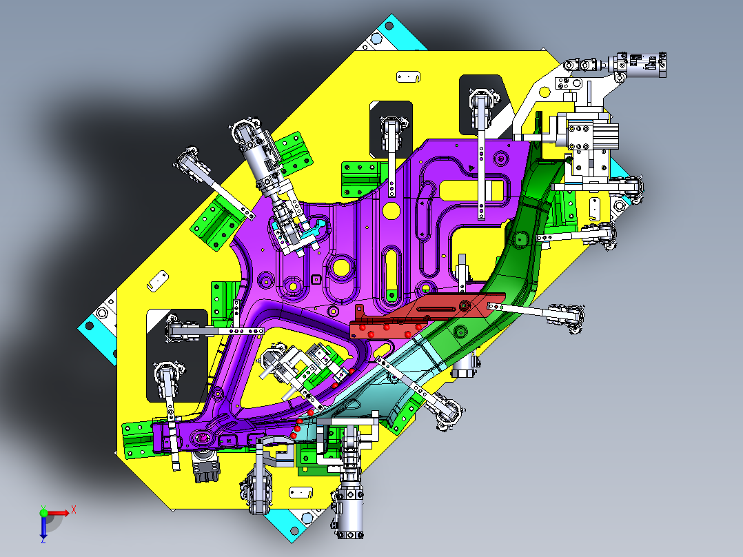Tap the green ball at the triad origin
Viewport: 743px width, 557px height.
[43, 512]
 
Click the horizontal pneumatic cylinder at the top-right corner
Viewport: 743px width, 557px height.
[641, 63]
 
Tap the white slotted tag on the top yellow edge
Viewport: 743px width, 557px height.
[409, 77]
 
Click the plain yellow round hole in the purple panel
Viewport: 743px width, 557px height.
[390, 209]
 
